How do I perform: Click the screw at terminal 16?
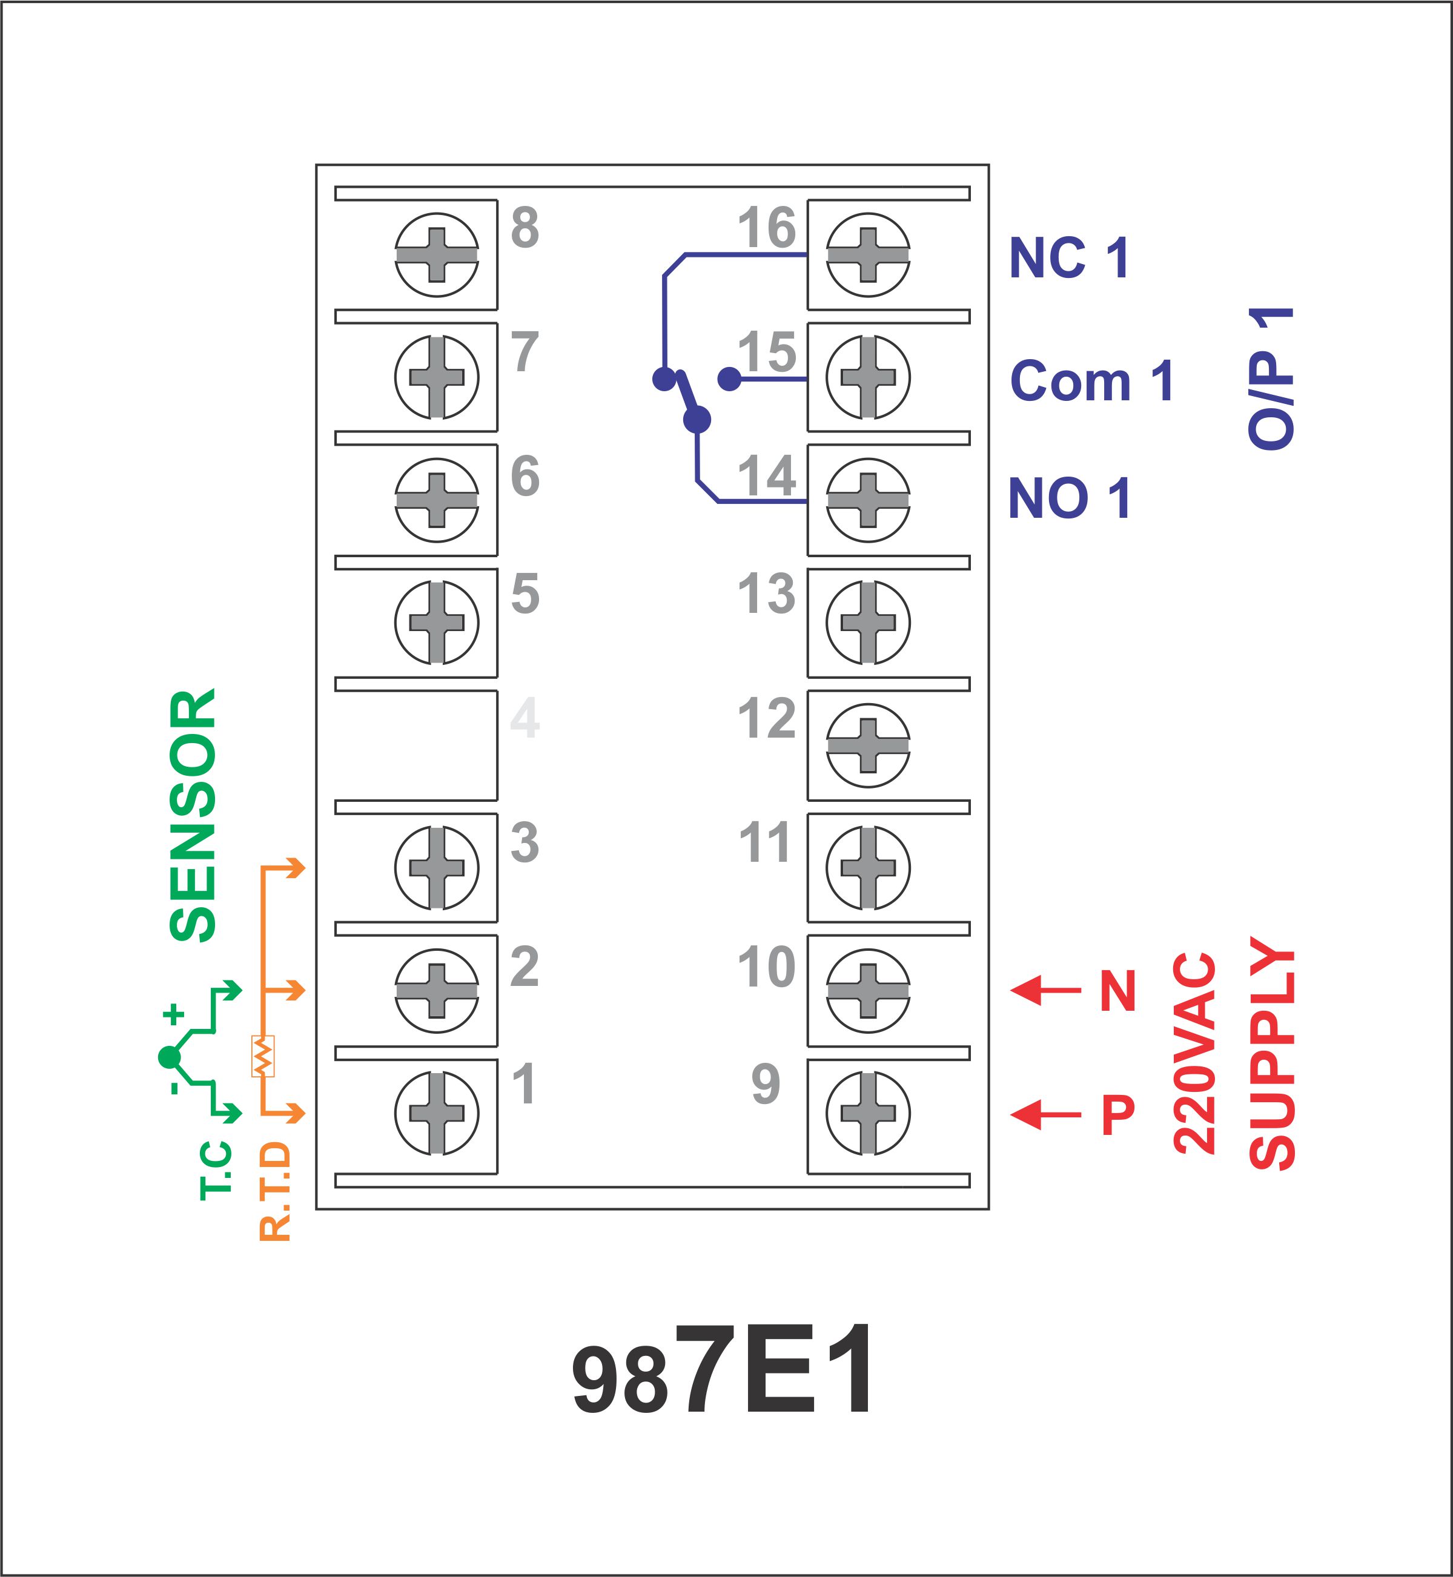tap(868, 255)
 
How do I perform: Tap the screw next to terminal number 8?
tap(436, 255)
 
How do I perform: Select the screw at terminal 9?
tap(868, 1113)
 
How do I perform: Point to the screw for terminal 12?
tap(868, 746)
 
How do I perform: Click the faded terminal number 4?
tap(525, 717)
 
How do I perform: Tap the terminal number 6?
tap(525, 475)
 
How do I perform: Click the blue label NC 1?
tap(1069, 258)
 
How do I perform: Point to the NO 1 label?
tap(1069, 498)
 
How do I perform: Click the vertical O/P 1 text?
tap(1271, 378)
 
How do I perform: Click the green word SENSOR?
tap(193, 815)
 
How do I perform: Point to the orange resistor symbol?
tap(263, 1055)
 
